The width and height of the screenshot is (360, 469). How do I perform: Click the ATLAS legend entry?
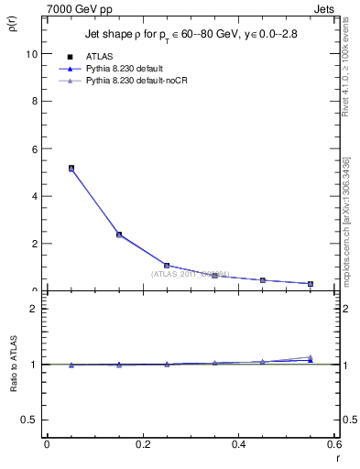tap(99, 57)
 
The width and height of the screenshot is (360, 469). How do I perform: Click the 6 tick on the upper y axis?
tap(34, 148)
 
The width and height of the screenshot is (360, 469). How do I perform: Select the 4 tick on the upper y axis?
tap(34, 196)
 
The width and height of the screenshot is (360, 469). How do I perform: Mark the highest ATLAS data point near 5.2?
tap(71, 169)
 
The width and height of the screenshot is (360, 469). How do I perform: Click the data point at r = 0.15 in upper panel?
tap(119, 234)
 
